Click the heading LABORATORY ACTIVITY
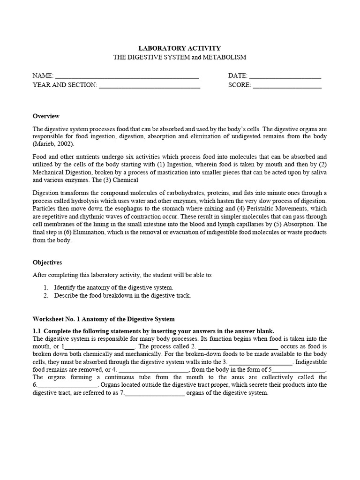click(x=180, y=48)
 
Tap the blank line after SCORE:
click(x=287, y=86)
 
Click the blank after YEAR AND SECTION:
click(x=150, y=86)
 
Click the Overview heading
click(x=46, y=116)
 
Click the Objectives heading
click(x=47, y=262)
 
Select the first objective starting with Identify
click(x=113, y=287)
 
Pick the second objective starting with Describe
click(x=122, y=296)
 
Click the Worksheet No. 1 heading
click(x=104, y=319)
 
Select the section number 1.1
click(x=37, y=330)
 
